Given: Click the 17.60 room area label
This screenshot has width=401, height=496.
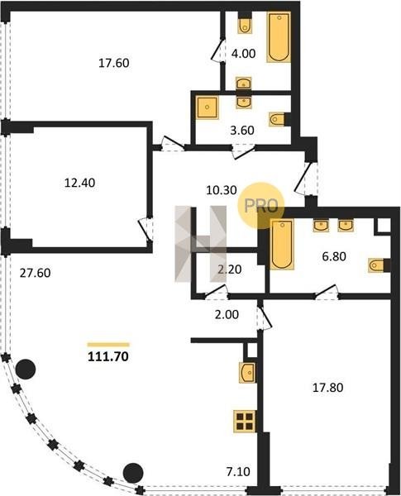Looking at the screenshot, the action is (x=114, y=63).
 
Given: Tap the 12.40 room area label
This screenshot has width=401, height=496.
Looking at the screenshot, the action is (x=79, y=183).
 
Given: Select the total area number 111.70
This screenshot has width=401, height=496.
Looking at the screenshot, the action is (x=108, y=356).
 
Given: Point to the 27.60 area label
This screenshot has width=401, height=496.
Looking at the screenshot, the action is (x=35, y=273).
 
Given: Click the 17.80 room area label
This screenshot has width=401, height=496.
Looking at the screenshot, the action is (x=328, y=388).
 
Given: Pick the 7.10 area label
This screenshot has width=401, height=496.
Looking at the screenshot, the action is (x=238, y=472).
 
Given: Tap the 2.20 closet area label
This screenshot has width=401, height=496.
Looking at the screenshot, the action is (x=230, y=269).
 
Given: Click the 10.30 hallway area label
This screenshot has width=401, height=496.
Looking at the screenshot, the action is (x=222, y=190).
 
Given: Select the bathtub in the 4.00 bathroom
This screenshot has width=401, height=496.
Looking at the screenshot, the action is (x=279, y=37).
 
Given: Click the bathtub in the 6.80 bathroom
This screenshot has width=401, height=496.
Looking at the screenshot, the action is (x=282, y=244).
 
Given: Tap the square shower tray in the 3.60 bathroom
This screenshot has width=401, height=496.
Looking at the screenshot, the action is (x=207, y=107).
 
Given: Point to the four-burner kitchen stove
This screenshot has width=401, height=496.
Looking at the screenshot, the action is (x=245, y=422).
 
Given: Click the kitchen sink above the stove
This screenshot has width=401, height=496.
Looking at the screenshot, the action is (x=247, y=373).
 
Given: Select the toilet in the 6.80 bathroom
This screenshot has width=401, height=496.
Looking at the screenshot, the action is (x=379, y=265).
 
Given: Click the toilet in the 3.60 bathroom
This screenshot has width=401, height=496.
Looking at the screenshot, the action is (x=279, y=119).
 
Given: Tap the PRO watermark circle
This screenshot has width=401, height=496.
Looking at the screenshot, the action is (x=261, y=206).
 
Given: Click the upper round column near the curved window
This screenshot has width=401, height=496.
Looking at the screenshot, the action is (x=26, y=370).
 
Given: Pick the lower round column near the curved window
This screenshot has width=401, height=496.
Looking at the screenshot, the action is (x=133, y=473).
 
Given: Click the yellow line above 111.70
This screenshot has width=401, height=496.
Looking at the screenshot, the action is (x=108, y=345).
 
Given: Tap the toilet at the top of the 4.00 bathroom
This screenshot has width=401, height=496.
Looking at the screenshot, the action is (x=245, y=24).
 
